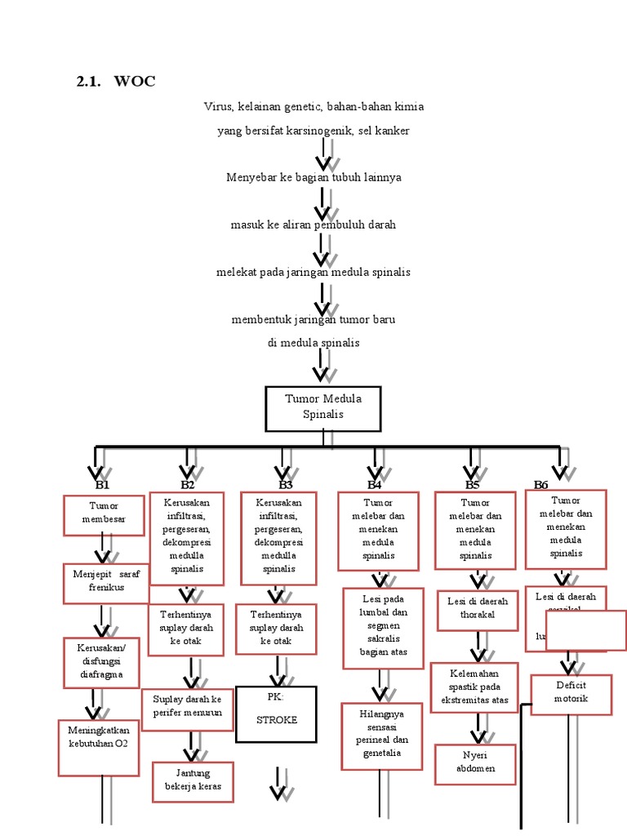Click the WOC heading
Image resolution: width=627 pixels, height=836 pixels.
135,82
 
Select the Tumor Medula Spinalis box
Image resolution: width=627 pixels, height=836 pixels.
322,407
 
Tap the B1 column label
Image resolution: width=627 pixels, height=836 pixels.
102,485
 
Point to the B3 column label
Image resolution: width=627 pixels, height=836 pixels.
285,485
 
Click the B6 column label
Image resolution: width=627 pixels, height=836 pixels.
541,485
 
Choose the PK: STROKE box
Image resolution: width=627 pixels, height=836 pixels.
276,714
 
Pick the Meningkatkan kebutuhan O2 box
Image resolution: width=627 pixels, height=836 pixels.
99,746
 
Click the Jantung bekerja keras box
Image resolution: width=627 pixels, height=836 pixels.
193,781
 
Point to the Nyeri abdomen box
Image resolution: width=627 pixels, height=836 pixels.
475,763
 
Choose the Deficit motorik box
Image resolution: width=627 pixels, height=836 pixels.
571,693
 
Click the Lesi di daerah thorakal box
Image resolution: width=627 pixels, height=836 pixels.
478,609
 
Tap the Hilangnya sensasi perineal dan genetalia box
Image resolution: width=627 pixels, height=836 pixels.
381,734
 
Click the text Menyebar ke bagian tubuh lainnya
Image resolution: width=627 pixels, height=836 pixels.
313,177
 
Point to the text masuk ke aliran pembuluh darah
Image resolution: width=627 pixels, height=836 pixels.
313,225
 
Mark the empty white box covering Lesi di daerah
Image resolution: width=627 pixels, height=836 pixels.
585,630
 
